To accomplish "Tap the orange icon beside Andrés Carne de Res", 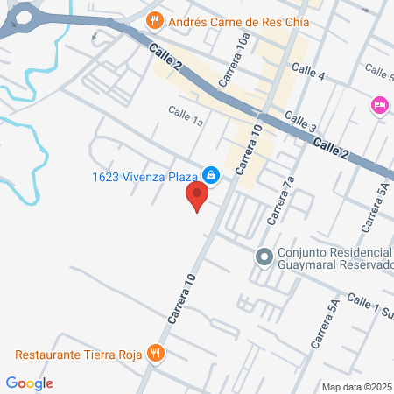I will click(154, 19).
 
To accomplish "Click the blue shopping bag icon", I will click(211, 174).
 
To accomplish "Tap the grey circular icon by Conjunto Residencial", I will click(263, 257).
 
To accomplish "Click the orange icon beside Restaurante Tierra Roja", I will click(156, 354).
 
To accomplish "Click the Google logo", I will click(29, 383).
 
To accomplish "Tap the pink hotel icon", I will click(380, 105).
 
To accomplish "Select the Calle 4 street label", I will click(308, 75).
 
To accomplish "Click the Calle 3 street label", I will click(299, 123).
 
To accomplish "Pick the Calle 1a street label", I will click(186, 116).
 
